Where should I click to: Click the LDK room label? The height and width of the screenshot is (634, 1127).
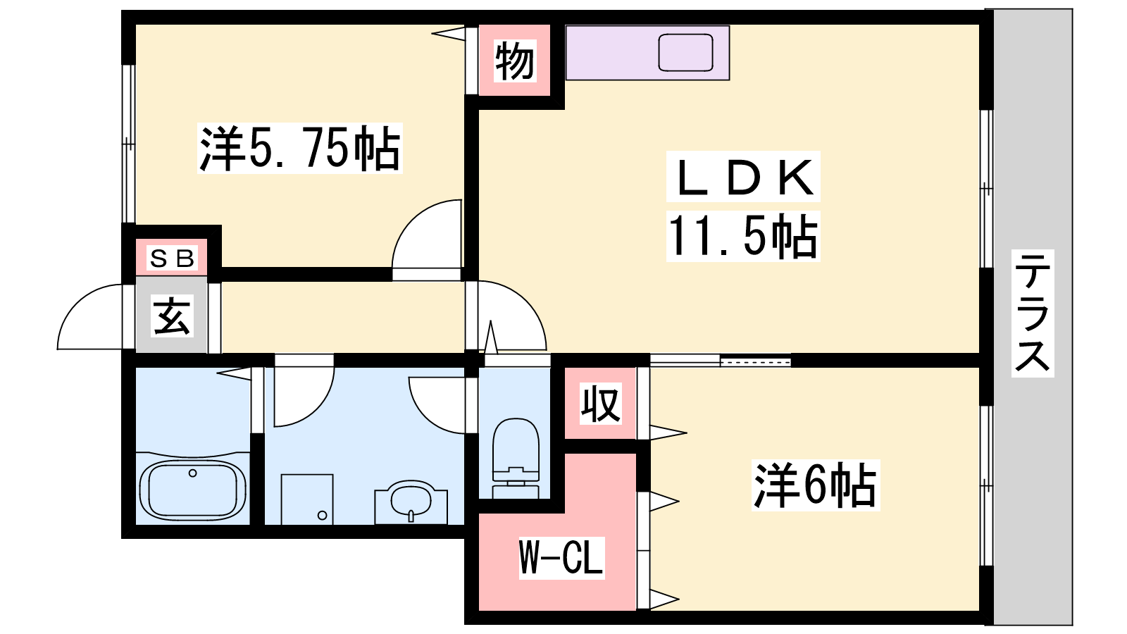click(x=744, y=177)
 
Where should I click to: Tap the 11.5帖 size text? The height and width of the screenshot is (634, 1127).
click(x=743, y=237)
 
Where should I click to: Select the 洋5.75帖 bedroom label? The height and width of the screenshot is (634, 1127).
click(x=300, y=148)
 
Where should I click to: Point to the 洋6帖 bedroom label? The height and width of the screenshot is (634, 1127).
click(x=816, y=485)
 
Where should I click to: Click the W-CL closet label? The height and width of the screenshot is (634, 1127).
click(x=561, y=557)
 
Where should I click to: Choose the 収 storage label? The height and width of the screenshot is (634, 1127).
click(x=600, y=404)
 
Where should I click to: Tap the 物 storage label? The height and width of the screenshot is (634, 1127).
click(x=514, y=61)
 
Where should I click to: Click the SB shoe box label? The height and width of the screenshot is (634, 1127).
click(x=172, y=258)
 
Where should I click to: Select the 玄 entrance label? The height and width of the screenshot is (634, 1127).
click(x=172, y=316)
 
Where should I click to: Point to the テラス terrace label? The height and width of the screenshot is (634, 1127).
click(x=1033, y=313)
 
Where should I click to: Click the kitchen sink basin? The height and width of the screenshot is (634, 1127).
click(x=686, y=52)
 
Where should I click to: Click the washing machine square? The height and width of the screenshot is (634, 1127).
click(x=307, y=499)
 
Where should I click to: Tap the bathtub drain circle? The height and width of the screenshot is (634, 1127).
click(x=192, y=473)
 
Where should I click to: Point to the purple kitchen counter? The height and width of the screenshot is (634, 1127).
click(x=647, y=53)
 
